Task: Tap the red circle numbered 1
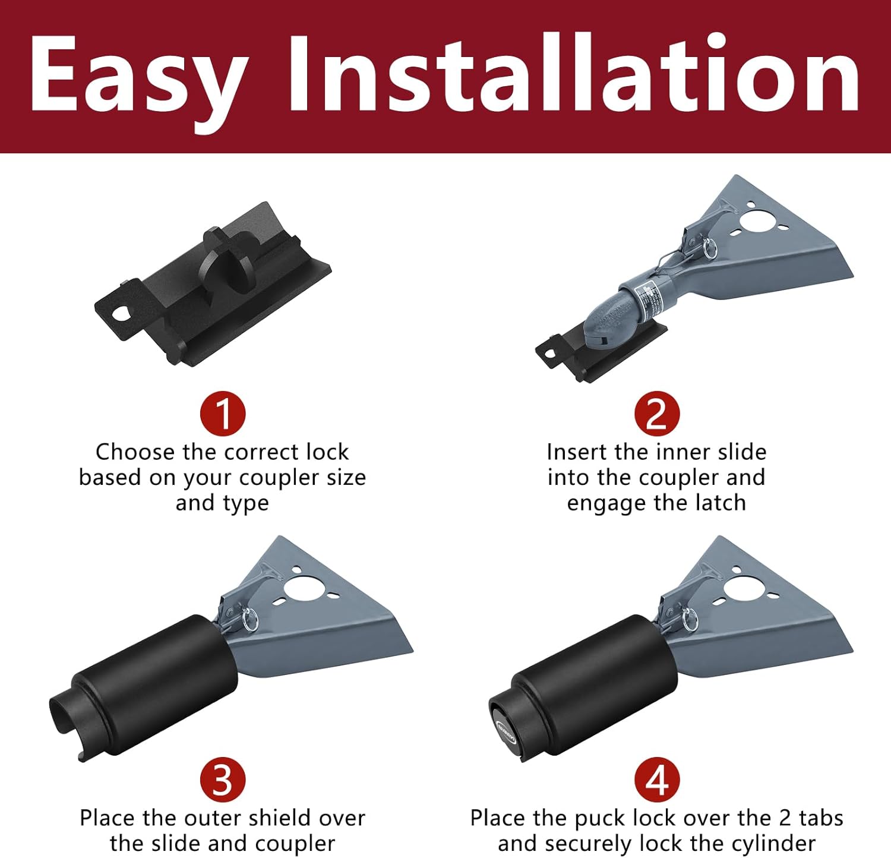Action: point(223,414)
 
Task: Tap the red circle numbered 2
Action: point(656,414)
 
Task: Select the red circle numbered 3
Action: point(223,780)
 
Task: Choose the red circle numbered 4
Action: point(656,780)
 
